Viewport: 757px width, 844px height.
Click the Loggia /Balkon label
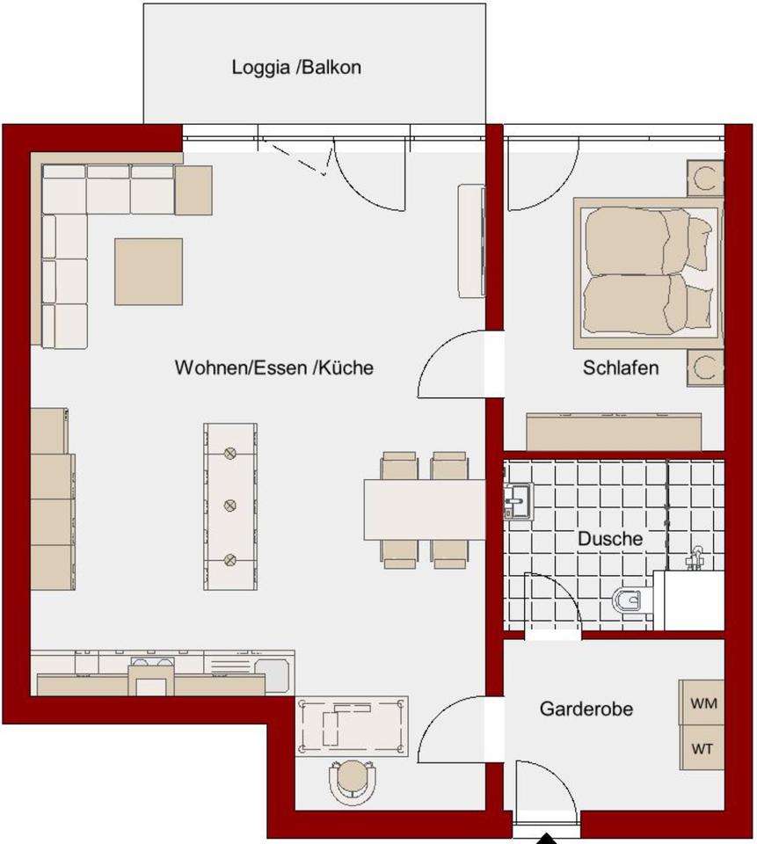(296, 68)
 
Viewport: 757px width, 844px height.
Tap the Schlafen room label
(620, 367)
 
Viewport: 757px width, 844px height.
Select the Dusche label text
(610, 538)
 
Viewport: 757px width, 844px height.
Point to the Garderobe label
(586, 709)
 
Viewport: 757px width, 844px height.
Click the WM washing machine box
(702, 702)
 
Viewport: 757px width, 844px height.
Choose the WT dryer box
(702, 747)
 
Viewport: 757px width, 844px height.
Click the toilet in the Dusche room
(633, 600)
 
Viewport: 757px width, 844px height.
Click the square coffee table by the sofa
(148, 272)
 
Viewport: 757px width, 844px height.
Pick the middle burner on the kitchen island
(229, 505)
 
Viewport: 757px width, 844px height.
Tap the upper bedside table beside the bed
(705, 178)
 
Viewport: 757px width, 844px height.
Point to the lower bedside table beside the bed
(705, 367)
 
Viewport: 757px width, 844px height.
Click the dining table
(425, 509)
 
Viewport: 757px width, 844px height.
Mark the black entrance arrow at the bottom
(547, 839)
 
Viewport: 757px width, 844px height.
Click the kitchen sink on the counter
(272, 675)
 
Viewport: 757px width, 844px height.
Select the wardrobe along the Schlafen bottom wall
(614, 432)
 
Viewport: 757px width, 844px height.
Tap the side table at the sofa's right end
(193, 190)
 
